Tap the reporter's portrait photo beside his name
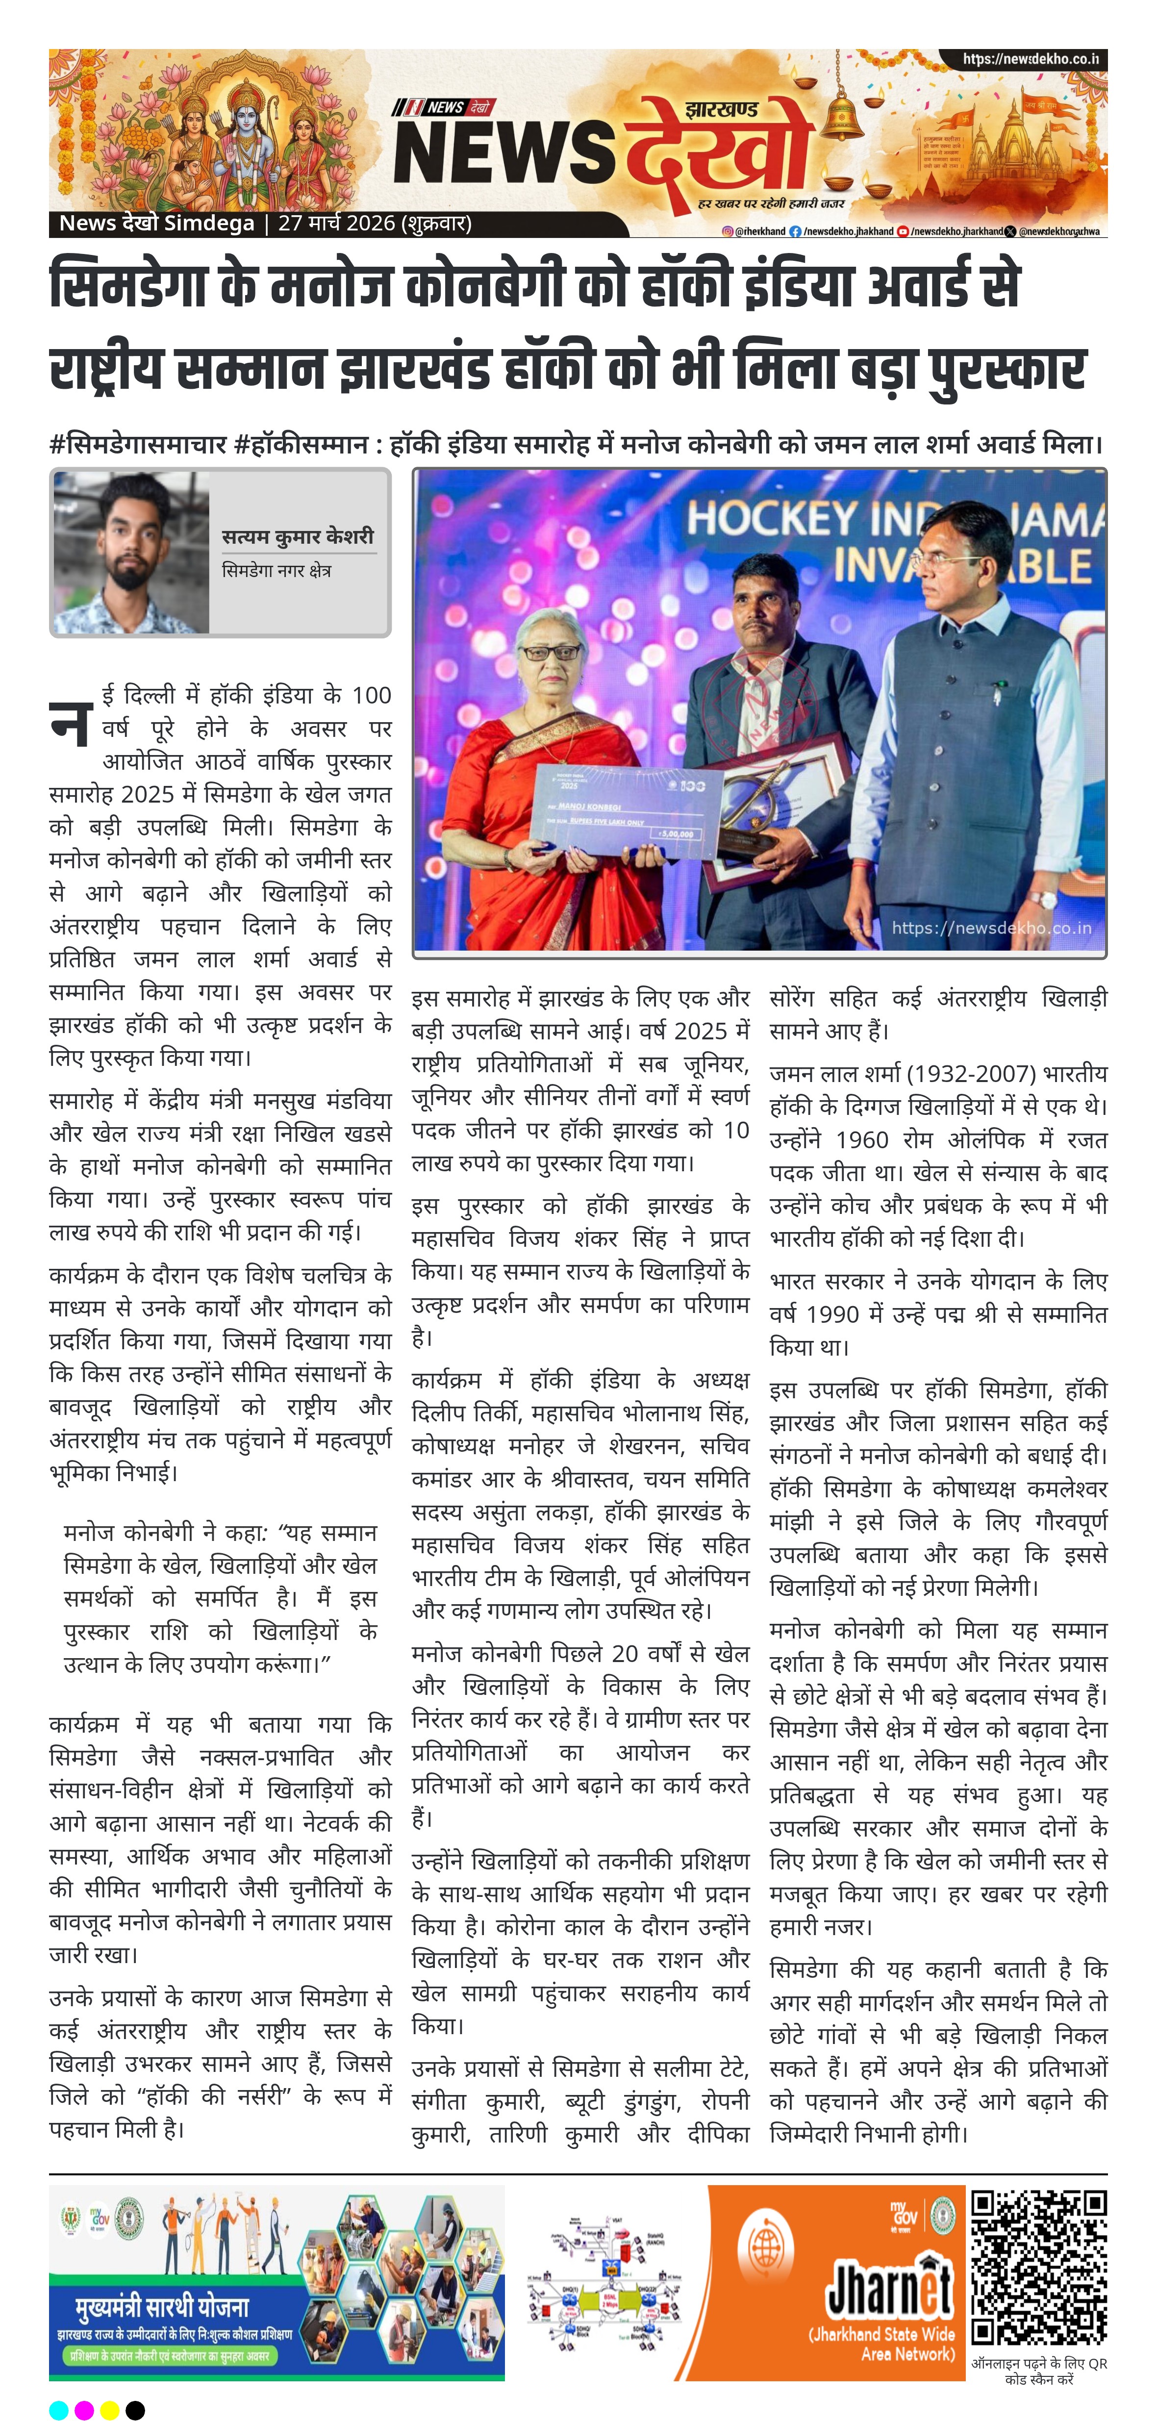click(x=130, y=553)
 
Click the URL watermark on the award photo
click(x=992, y=928)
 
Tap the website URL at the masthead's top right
click(x=1030, y=59)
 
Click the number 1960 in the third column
click(x=862, y=1140)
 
